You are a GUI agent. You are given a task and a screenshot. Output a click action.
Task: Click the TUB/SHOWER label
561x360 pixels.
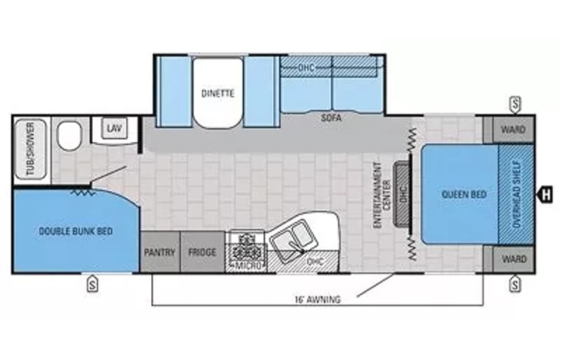tap(31, 149)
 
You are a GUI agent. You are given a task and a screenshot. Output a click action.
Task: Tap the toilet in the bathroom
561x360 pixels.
tap(70, 136)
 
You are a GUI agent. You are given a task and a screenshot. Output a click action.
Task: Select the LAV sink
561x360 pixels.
tap(114, 127)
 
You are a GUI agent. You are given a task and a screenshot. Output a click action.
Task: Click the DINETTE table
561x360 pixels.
tap(218, 93)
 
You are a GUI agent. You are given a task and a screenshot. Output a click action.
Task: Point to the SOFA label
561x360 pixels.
tap(331, 117)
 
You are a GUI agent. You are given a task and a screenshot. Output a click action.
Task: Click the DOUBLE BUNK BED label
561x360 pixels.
tap(75, 231)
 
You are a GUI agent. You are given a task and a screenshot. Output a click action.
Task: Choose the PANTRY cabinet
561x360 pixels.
tap(160, 252)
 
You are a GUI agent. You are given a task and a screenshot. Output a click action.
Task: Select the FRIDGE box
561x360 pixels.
tap(203, 252)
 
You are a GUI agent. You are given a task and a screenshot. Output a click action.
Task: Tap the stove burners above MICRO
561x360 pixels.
tap(246, 247)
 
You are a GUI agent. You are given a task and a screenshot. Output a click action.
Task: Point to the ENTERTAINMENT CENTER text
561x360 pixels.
tap(382, 195)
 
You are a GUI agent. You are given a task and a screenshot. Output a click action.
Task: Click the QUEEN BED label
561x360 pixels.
tap(464, 194)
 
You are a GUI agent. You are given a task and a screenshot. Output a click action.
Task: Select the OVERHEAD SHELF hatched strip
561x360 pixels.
tap(516, 194)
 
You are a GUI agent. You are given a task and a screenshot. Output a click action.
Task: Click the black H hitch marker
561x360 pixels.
tap(544, 196)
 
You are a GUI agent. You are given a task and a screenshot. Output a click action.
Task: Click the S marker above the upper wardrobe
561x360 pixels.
tap(515, 105)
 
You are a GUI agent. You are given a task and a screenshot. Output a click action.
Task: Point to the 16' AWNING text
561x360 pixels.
tap(318, 299)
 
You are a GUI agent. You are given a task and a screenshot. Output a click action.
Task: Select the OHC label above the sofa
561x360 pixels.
tap(306, 68)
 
